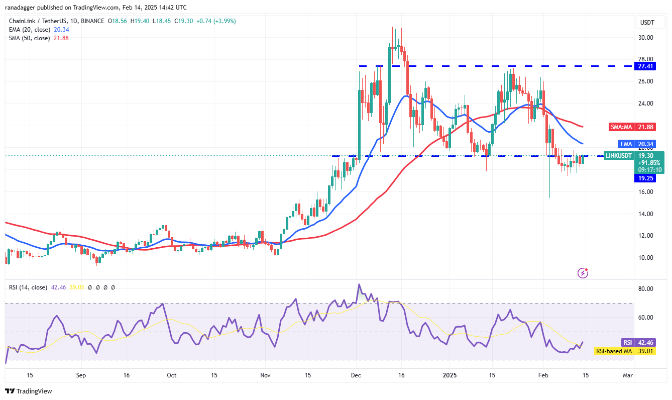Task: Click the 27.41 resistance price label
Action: pyautogui.click(x=646, y=66)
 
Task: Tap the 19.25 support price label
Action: pyautogui.click(x=646, y=178)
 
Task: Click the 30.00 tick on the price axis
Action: pyautogui.click(x=645, y=37)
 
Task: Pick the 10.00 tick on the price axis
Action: pyautogui.click(x=645, y=258)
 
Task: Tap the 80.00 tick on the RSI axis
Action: pyautogui.click(x=645, y=289)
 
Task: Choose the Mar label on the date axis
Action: pyautogui.click(x=628, y=375)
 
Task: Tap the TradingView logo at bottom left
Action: pyautogui.click(x=29, y=391)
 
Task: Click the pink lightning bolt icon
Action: pyautogui.click(x=583, y=273)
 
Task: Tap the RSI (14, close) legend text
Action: pyautogui.click(x=28, y=287)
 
